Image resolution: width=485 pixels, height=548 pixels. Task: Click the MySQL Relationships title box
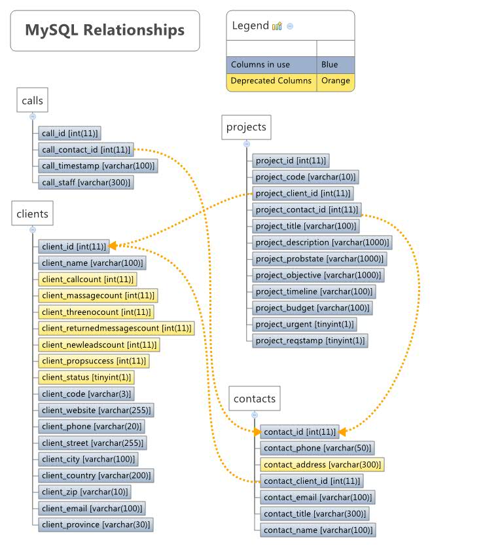pyautogui.click(x=105, y=30)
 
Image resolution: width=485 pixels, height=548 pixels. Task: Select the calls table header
pyautogui.click(x=32, y=100)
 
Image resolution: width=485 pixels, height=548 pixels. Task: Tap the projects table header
pyautogui.click(x=246, y=127)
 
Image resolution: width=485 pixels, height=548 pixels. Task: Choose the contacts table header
pyautogui.click(x=255, y=398)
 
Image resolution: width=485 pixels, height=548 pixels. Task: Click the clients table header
pyautogui.click(x=32, y=213)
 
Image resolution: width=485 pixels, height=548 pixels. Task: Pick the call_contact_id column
pyautogui.click(x=85, y=149)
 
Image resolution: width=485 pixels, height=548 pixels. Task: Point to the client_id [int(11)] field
pyautogui.click(x=73, y=246)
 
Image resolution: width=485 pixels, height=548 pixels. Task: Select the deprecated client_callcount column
pyautogui.click(x=87, y=279)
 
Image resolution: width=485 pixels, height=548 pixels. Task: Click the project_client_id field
pyautogui.click(x=303, y=193)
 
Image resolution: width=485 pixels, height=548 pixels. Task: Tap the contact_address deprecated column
pyautogui.click(x=321, y=464)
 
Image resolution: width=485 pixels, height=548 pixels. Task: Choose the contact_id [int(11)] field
pyautogui.click(x=299, y=431)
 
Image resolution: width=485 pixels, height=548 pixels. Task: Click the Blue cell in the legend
pyautogui.click(x=335, y=65)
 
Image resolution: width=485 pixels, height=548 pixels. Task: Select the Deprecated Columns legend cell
pyautogui.click(x=272, y=81)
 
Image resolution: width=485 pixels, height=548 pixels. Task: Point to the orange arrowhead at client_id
pyautogui.click(x=113, y=246)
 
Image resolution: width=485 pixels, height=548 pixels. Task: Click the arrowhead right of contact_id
pyautogui.click(x=342, y=431)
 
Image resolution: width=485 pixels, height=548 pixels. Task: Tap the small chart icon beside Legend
pyautogui.click(x=277, y=26)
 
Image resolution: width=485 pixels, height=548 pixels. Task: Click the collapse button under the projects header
pyautogui.click(x=247, y=144)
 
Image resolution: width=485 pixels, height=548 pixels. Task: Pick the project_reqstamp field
pyautogui.click(x=310, y=340)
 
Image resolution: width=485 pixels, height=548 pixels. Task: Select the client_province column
pyautogui.click(x=96, y=524)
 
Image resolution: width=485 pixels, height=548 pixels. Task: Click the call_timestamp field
pyautogui.click(x=98, y=166)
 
